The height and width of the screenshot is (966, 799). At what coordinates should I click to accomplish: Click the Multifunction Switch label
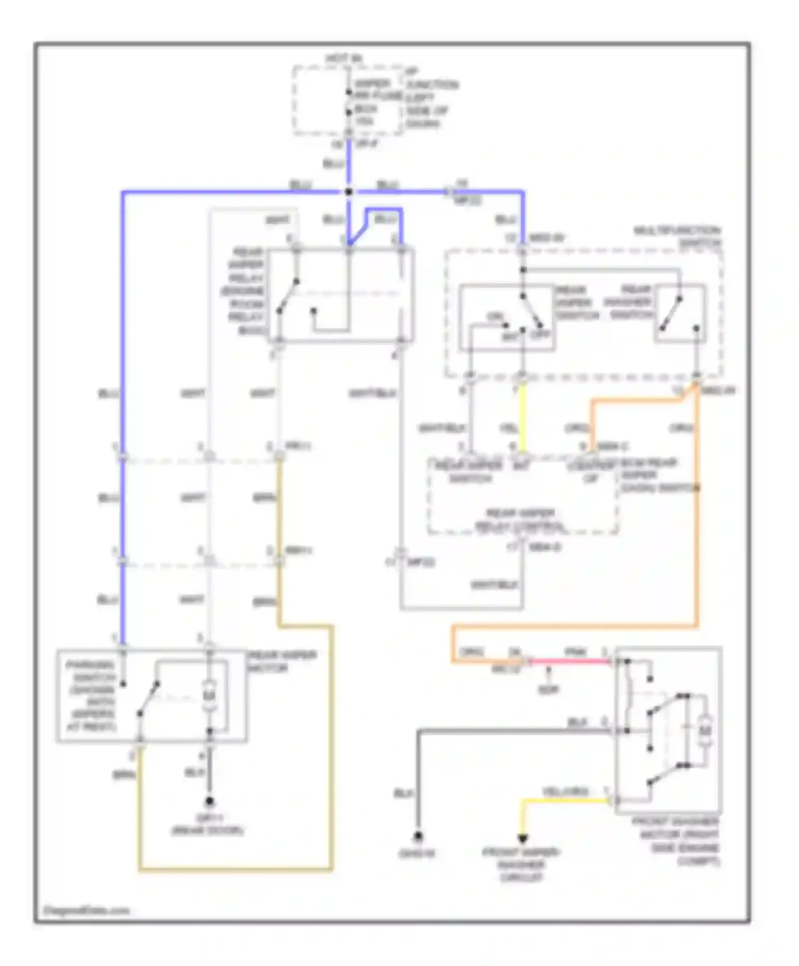coord(677,237)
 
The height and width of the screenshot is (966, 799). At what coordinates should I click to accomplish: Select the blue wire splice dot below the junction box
coord(349,192)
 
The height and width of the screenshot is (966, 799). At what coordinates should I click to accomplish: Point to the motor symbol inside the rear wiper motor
coord(209,695)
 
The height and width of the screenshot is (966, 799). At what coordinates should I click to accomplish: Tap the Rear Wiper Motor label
coord(283,661)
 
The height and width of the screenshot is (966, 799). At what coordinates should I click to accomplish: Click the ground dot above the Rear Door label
coord(209,801)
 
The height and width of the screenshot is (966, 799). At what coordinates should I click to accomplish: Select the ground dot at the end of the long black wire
coord(418,837)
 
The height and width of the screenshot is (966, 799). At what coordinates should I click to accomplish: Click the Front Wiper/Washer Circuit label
coord(521,865)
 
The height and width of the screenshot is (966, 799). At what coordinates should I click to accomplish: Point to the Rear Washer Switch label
coord(629,302)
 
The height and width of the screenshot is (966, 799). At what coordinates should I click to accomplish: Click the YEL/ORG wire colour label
coord(565,792)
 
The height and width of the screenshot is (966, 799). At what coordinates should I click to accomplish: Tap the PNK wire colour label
coord(575,652)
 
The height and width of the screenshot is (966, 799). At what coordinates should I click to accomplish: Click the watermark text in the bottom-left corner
coord(86,911)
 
